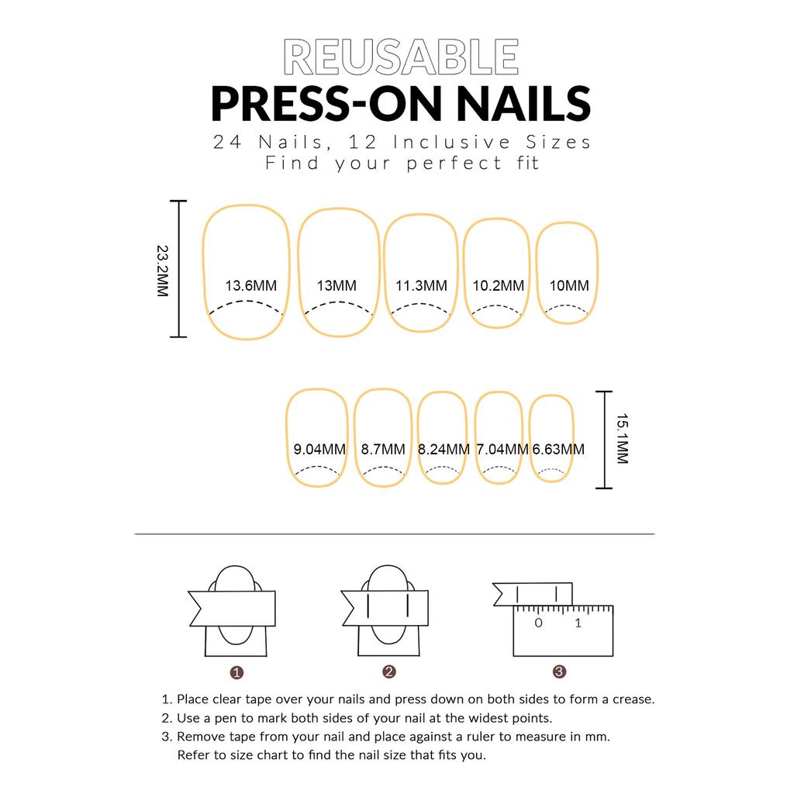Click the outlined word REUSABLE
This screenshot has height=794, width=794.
(401, 57)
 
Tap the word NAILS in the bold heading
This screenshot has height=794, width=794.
(523, 104)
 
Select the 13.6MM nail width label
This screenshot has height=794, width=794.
(250, 285)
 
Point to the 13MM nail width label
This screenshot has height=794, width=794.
(337, 285)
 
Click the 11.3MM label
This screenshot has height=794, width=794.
(421, 285)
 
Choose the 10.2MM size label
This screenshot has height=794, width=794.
(499, 285)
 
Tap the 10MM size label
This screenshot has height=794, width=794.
(569, 285)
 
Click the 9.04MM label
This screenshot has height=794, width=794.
(319, 449)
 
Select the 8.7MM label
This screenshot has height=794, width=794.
(383, 449)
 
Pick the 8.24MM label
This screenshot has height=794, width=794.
(444, 449)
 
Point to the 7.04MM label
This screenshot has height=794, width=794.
(502, 449)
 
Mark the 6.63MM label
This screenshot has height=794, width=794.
(558, 449)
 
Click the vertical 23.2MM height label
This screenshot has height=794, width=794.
(162, 271)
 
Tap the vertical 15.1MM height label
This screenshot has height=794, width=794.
(623, 439)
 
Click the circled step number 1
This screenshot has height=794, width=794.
(236, 672)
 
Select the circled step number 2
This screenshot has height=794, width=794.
(389, 672)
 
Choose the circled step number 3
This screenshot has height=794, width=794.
(559, 672)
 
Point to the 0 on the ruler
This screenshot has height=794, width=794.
(538, 623)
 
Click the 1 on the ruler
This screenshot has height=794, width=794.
(578, 623)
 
